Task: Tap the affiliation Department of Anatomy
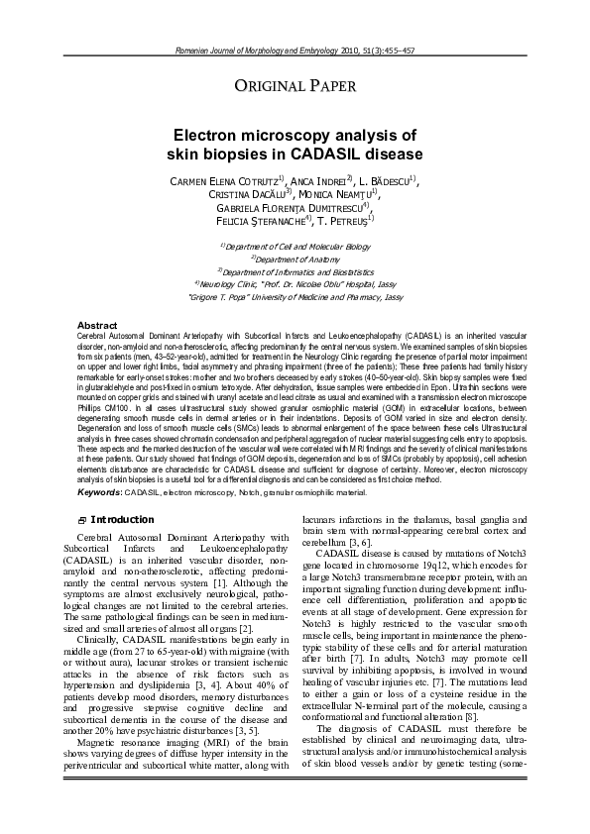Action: click(x=295, y=259)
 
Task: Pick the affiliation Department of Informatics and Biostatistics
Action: click(x=295, y=270)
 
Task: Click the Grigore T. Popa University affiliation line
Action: click(x=295, y=295)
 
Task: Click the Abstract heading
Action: click(x=97, y=325)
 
